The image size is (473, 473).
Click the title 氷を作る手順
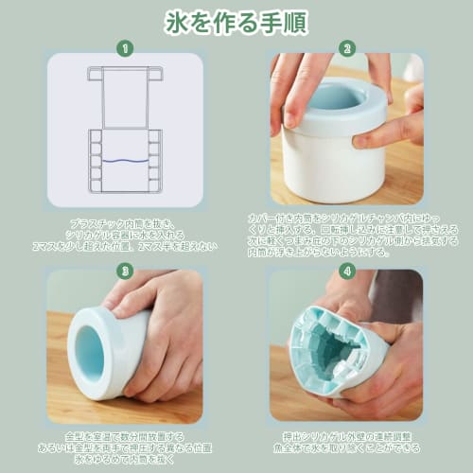coord(236,20)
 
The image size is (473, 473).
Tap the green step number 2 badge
coord(346,46)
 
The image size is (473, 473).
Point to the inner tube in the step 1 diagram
coord(125,98)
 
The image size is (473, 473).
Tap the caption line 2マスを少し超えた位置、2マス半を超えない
coord(125,248)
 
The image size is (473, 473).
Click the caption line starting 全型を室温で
coord(123,436)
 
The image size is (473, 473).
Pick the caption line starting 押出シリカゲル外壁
coord(345,437)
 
